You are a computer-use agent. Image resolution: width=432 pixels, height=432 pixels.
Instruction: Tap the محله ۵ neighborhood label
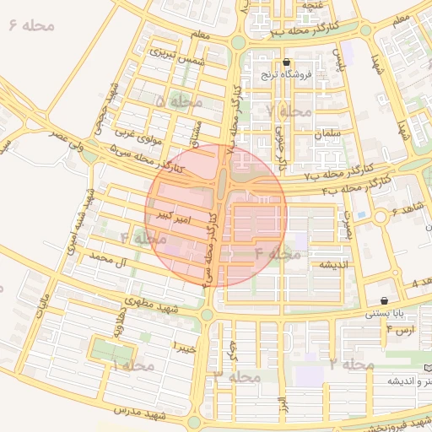coord(179,101)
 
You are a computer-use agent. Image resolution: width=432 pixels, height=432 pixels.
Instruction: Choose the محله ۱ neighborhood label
coord(133,365)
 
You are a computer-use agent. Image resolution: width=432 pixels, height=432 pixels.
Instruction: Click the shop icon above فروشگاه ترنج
coord(288,62)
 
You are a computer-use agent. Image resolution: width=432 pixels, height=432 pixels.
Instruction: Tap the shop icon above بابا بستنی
coord(385,300)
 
